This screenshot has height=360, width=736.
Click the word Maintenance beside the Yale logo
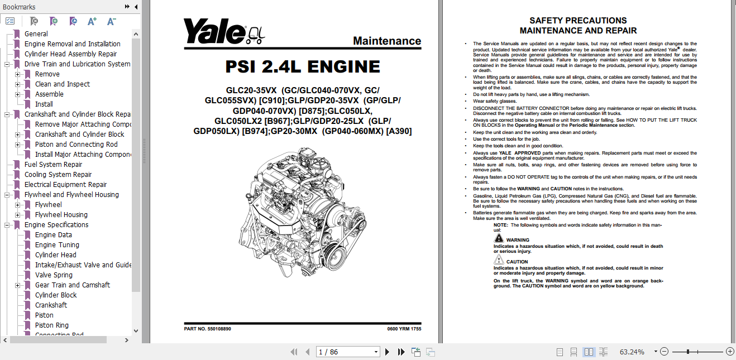coord(387,41)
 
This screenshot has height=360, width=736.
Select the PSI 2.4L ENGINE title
coord(303,67)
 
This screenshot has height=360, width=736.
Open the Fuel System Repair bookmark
coord(53,165)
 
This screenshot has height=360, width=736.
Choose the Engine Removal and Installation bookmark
coord(72,44)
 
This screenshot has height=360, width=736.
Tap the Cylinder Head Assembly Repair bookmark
coord(70,54)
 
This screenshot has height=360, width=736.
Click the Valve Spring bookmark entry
coord(54,275)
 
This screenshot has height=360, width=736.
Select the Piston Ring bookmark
coord(51,325)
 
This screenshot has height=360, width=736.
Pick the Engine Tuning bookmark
coord(57,245)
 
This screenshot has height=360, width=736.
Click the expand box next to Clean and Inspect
coord(18,84)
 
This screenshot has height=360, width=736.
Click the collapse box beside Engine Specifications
coord(7,225)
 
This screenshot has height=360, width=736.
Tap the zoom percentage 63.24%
coord(632,352)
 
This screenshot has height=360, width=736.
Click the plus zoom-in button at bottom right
coord(729,352)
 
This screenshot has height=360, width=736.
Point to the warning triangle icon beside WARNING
coord(499,238)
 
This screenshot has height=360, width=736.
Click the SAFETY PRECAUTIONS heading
coord(578,21)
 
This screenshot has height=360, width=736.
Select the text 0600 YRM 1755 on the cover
coord(404,329)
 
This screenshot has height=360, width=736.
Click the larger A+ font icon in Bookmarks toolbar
coord(92,21)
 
